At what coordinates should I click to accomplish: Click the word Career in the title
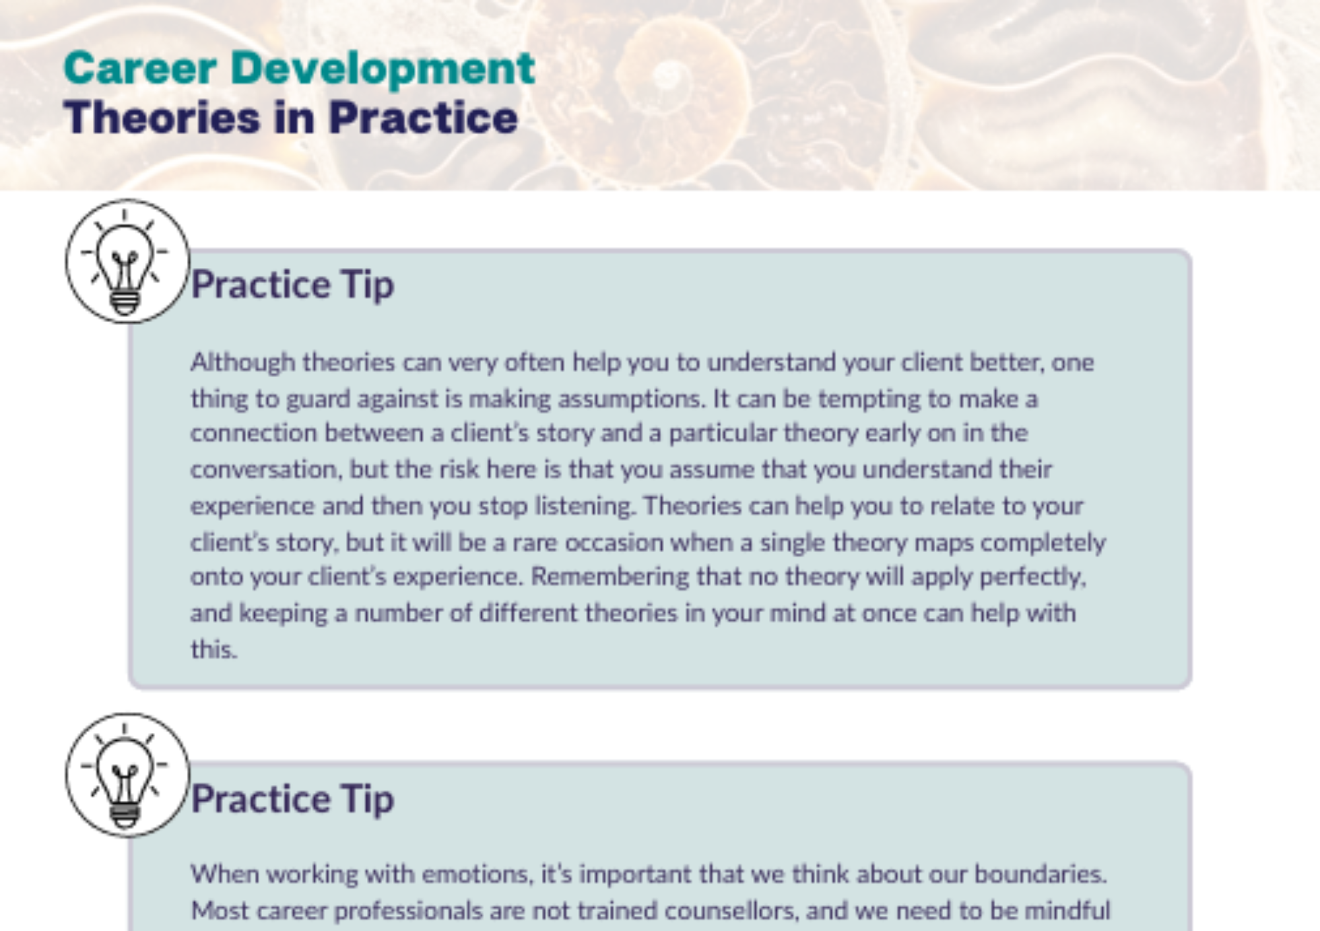point(140,68)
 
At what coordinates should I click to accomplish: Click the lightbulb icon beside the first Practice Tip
point(127,261)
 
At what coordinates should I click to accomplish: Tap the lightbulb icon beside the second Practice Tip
point(127,775)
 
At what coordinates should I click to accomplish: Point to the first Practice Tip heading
point(292,285)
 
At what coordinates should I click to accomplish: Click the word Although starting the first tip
point(243,362)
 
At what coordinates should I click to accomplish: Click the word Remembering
point(610,576)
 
